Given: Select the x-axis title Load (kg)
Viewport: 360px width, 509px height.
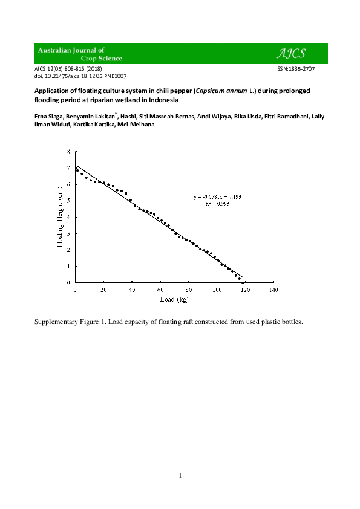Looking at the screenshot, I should pos(174,300).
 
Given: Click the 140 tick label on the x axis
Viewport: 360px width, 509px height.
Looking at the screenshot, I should pos(273,290).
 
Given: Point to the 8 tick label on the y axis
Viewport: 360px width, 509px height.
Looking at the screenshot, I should pos(68,151).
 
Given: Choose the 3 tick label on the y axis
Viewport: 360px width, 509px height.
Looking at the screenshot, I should pos(68,233).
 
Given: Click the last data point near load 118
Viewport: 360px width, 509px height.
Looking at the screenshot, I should pos(243,282).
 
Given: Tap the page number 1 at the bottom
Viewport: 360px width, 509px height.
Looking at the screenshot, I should pos(180,475).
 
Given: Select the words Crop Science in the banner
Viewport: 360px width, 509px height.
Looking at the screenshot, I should pos(99,59).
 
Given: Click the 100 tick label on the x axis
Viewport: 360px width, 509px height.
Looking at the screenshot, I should pos(217,290).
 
